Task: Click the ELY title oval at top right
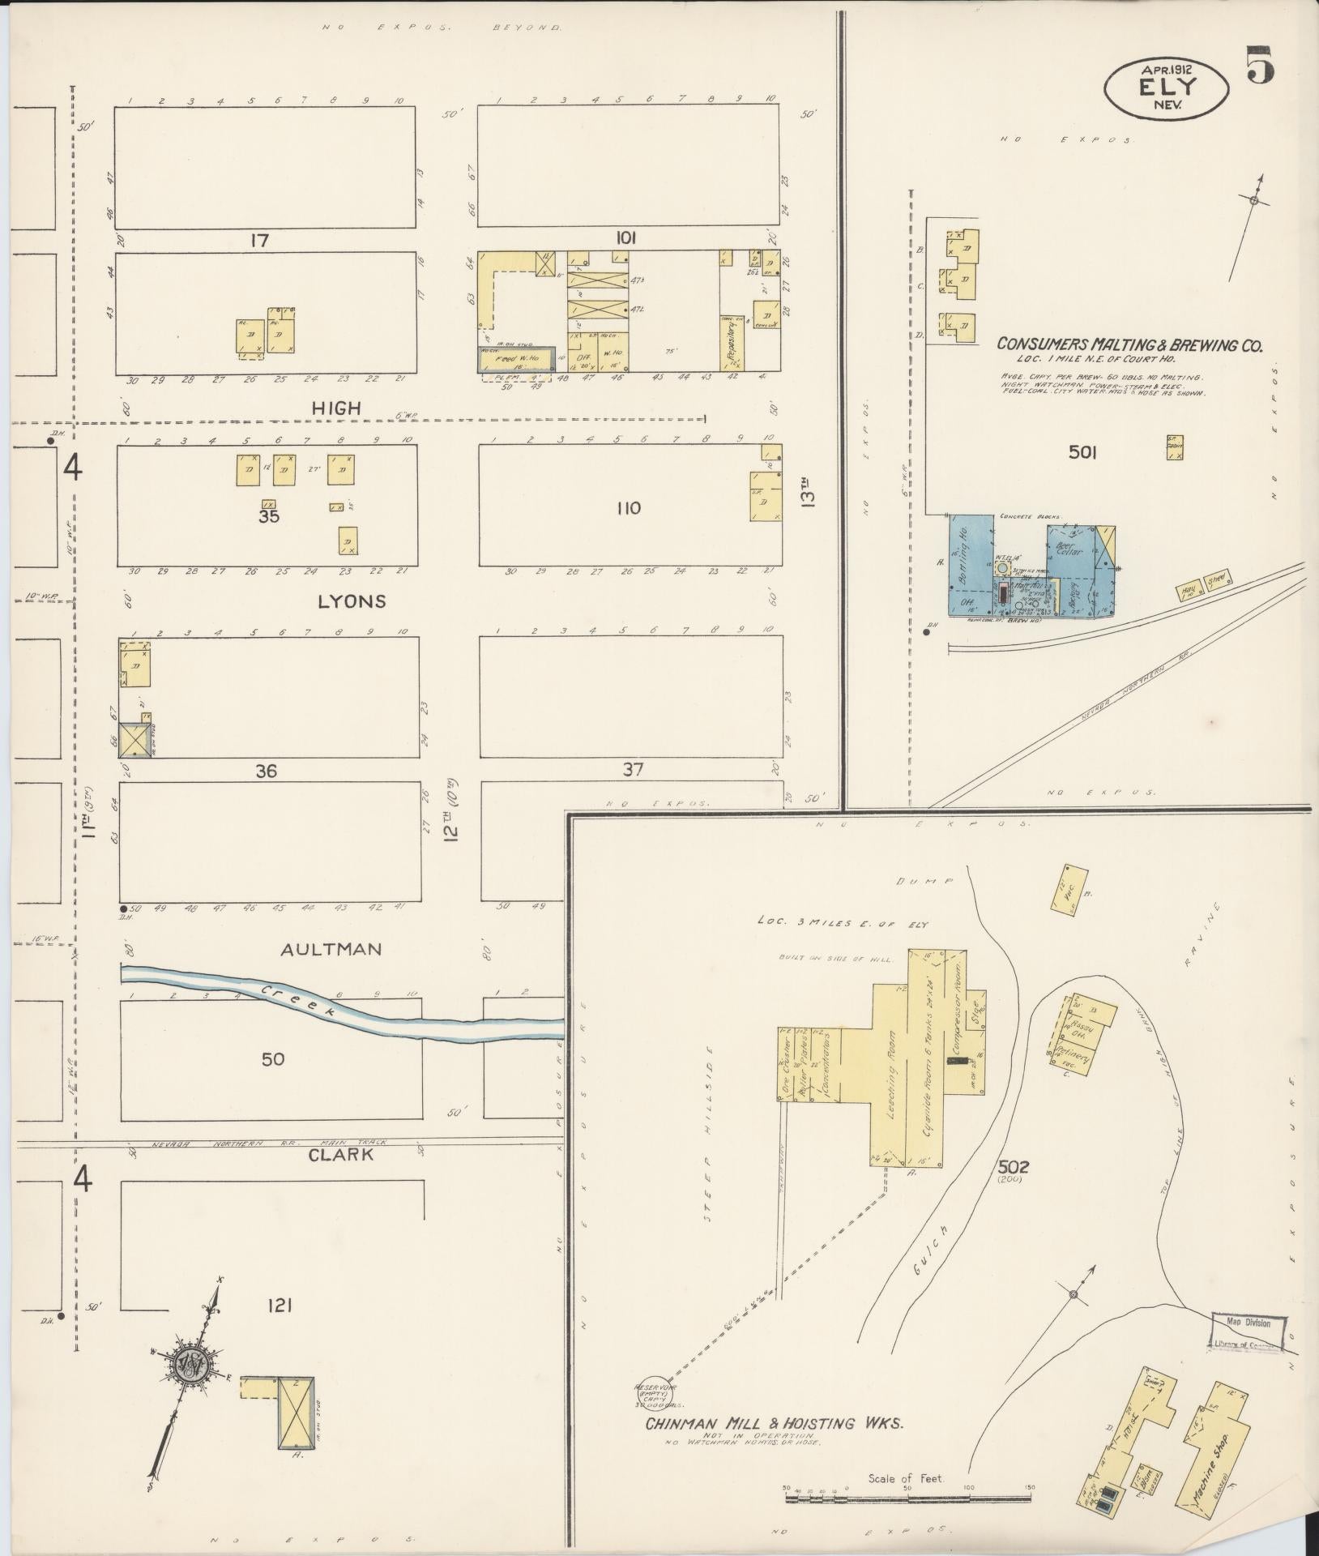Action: [1167, 90]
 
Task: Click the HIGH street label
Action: [336, 408]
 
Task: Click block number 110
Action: [628, 508]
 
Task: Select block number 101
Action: [625, 238]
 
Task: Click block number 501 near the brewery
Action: [1082, 452]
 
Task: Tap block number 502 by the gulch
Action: [1014, 1168]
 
